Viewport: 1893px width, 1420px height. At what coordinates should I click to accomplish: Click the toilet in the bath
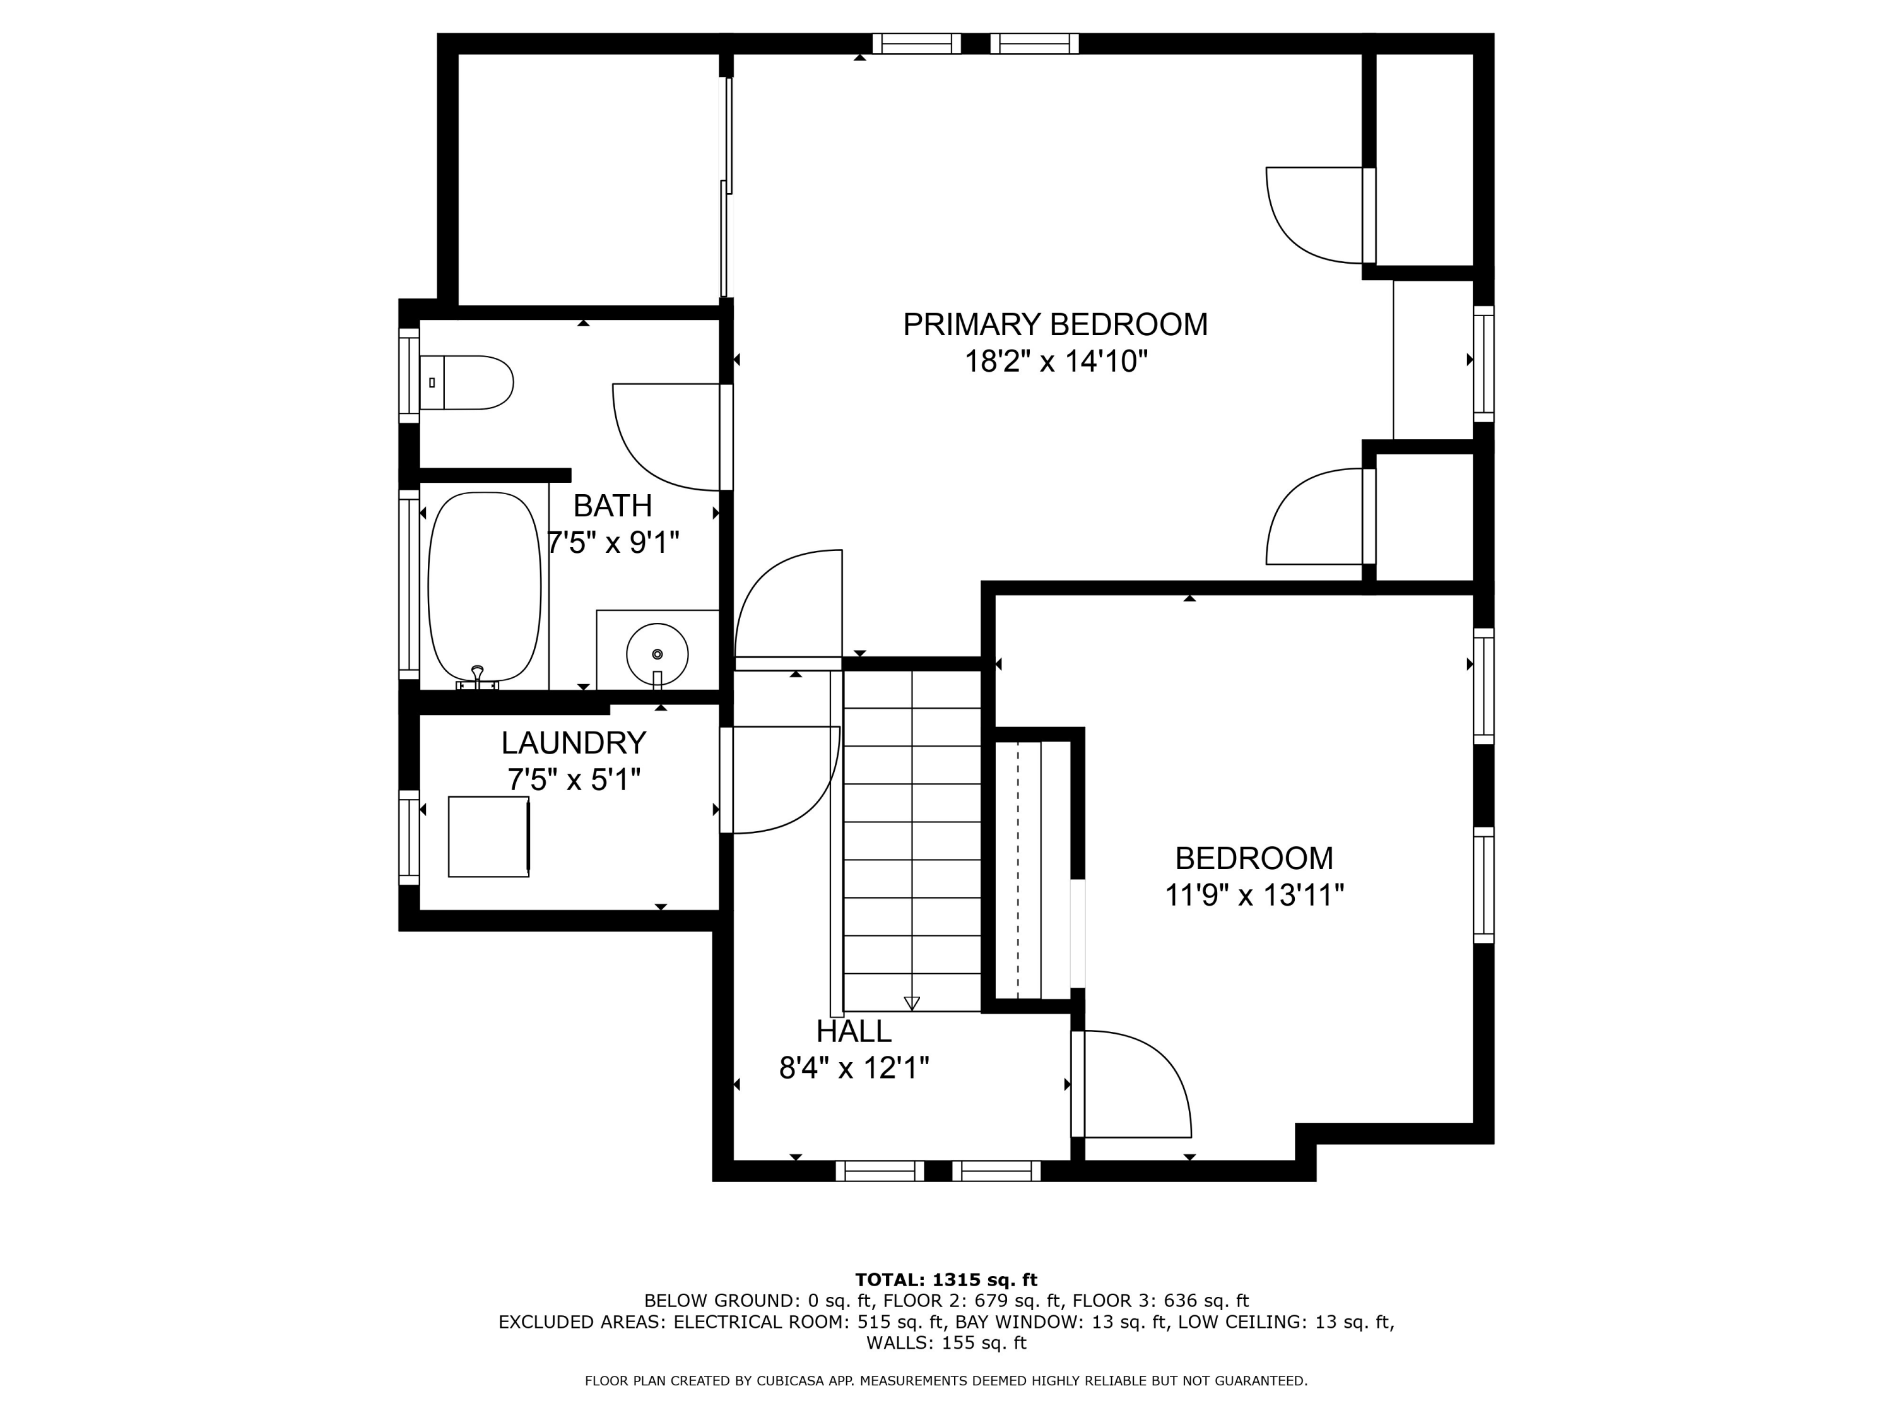point(466,382)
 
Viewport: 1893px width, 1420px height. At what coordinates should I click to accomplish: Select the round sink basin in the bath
point(658,654)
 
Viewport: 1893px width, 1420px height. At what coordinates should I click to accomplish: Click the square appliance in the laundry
point(488,836)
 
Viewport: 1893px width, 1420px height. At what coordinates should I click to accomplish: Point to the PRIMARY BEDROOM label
point(1055,324)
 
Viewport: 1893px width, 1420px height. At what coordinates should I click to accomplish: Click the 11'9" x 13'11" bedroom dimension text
point(1254,896)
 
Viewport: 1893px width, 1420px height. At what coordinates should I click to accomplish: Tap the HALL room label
point(854,1031)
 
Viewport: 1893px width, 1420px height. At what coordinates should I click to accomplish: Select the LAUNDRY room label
point(574,742)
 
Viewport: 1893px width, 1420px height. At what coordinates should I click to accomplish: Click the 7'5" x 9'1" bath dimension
point(613,541)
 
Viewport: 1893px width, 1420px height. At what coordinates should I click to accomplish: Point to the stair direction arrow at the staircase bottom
point(911,1003)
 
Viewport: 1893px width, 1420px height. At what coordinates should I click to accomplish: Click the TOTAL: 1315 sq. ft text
point(946,1280)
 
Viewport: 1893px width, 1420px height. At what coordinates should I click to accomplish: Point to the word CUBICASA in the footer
point(815,1381)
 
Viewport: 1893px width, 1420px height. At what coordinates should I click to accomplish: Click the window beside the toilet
point(409,376)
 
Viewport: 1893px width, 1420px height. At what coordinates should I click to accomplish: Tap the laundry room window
point(409,837)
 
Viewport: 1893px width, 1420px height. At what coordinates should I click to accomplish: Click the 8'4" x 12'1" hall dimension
point(854,1068)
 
